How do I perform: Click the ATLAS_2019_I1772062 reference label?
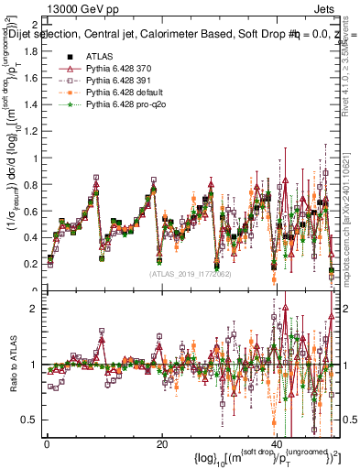pyautogui.click(x=189, y=274)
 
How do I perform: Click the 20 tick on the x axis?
pyautogui.click(x=161, y=445)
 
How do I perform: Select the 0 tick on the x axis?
pyautogui.click(x=46, y=445)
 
